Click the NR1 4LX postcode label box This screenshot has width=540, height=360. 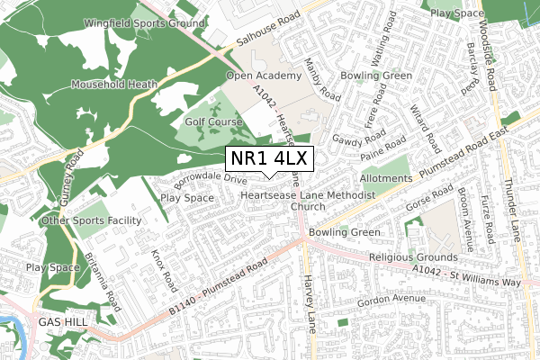point(269,158)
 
